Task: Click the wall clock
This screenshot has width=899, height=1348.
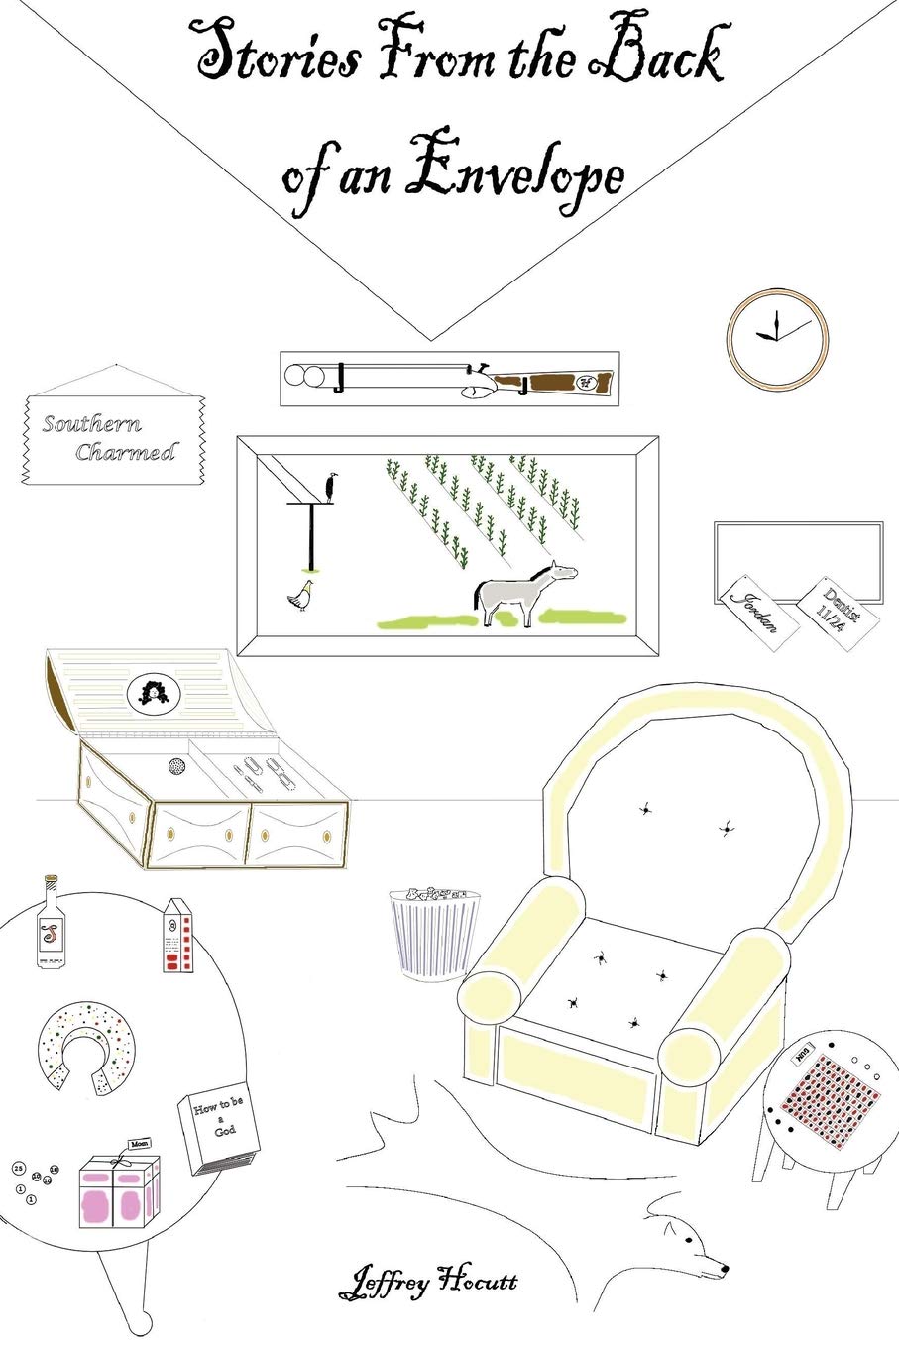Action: click(776, 338)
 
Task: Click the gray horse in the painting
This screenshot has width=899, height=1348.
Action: click(523, 593)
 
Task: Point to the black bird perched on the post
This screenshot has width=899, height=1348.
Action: click(331, 487)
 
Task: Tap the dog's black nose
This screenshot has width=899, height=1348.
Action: click(725, 1269)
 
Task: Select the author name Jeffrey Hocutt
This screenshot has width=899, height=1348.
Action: click(427, 1284)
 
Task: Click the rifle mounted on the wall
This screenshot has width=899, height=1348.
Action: click(449, 378)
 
